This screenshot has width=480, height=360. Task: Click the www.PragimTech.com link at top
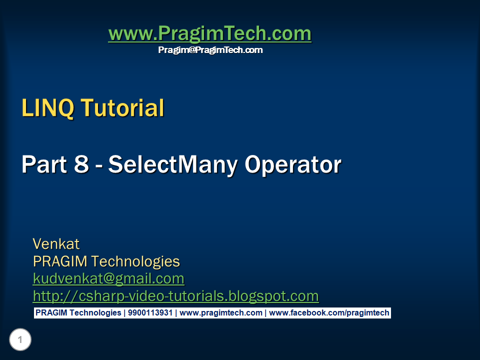[209, 34]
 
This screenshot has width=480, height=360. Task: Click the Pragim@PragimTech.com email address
[210, 50]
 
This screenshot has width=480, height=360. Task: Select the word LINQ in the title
[47, 108]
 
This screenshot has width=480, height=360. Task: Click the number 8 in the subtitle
[81, 164]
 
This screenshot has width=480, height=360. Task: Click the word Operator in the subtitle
[292, 164]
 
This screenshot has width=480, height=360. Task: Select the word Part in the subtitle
[42, 164]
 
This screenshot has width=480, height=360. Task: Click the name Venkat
[56, 244]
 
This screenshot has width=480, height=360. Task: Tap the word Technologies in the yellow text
[135, 261]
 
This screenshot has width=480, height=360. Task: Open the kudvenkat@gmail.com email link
[108, 278]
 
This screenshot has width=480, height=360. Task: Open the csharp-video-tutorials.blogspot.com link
[175, 296]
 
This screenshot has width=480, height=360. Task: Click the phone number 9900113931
[150, 313]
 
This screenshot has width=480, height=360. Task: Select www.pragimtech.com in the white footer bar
[220, 313]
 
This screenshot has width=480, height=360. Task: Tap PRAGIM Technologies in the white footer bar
[78, 313]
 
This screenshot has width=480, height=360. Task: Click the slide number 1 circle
[20, 340]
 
